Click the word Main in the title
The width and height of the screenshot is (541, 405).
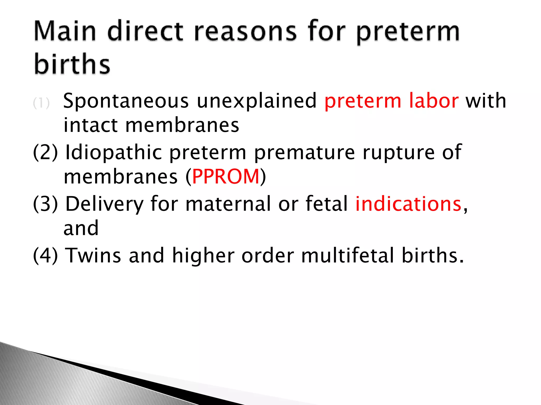65,32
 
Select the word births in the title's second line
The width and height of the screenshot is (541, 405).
72,64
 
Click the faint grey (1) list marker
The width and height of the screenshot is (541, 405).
41,103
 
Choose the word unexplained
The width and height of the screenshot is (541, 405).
257,101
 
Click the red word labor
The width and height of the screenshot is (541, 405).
434,101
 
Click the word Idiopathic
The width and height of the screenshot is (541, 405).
114,153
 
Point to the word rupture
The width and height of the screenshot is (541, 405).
399,153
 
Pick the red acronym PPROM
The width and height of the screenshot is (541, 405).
226,177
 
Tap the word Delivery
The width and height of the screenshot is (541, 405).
104,204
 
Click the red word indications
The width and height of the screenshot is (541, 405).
408,204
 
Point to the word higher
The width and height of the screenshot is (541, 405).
203,255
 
